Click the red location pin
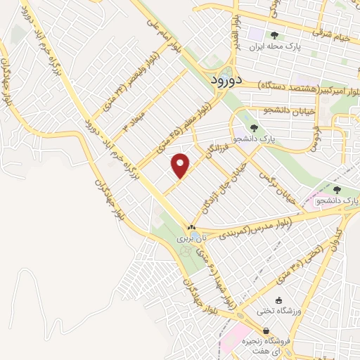[x=181, y=165]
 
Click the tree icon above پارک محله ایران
[x=274, y=36]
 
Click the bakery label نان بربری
[x=184, y=239]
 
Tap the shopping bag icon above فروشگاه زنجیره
[x=265, y=331]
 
